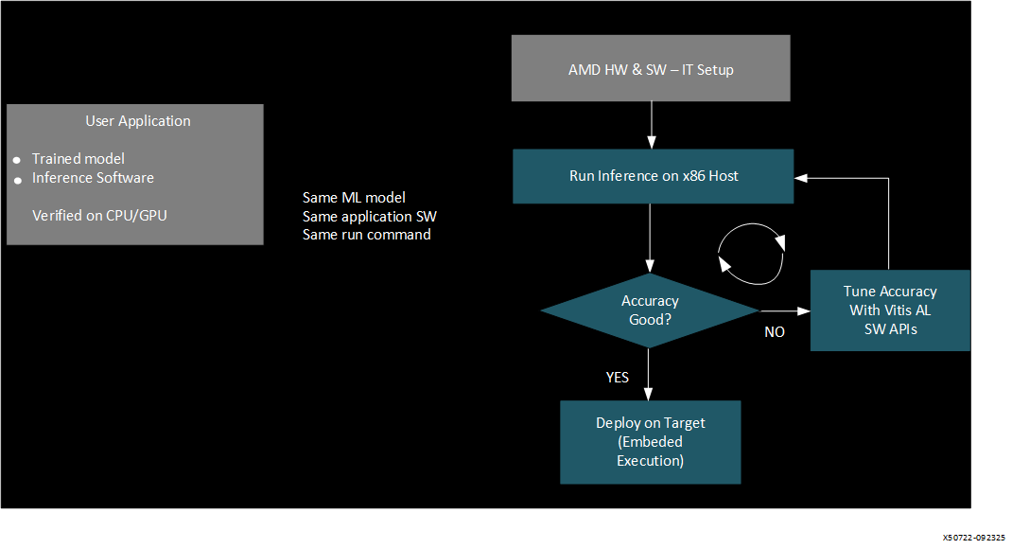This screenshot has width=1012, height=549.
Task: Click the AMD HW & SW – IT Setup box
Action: pos(651,69)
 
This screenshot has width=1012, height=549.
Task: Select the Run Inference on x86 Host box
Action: pos(653,176)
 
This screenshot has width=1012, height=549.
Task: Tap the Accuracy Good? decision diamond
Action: pos(650,310)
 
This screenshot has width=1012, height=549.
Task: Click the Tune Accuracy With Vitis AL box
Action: pos(889,310)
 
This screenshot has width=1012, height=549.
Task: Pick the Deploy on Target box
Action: pos(650,442)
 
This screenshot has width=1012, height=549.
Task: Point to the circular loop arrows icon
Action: pos(752,254)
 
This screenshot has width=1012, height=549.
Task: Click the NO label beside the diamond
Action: pos(775,332)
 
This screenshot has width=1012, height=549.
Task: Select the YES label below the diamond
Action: pos(617,377)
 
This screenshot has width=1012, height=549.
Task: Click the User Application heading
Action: pos(138,121)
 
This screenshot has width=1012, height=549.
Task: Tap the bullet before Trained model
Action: pos(17,161)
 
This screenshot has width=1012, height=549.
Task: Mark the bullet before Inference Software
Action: pos(17,180)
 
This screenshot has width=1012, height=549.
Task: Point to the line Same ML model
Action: pos(354,197)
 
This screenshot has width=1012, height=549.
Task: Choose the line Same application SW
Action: pos(369,216)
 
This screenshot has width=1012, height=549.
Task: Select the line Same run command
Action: pos(366,234)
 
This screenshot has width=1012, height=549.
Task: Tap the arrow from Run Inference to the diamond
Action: pos(650,238)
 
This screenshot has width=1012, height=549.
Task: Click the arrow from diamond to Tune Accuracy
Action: pos(784,310)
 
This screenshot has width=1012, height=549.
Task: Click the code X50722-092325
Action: pos(974,536)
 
